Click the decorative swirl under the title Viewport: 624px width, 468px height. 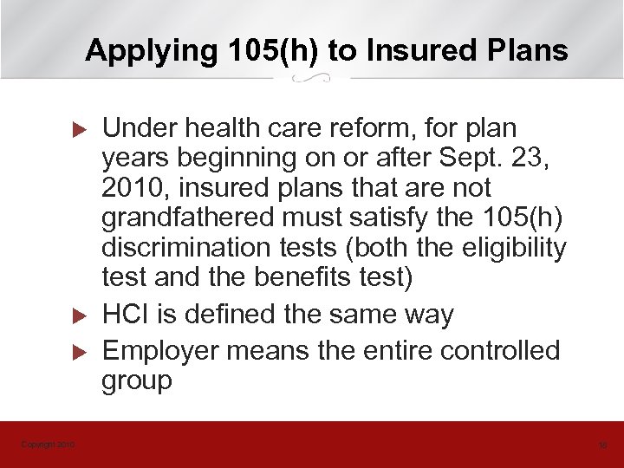pos(311,79)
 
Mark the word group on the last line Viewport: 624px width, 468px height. pos(137,381)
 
